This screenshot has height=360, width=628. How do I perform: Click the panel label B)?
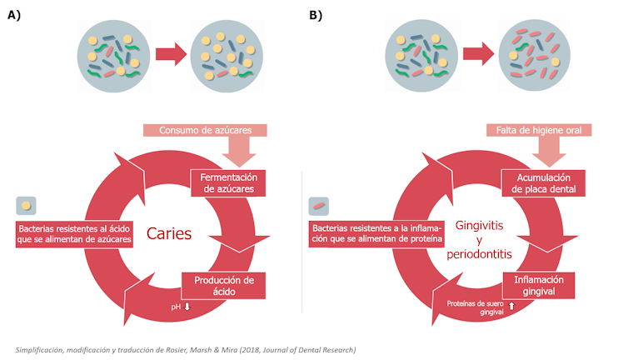[316, 16]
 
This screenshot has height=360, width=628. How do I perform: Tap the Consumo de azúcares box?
[205, 130]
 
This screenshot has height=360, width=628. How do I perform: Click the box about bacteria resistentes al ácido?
[74, 233]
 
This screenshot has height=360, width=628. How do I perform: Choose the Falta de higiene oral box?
[539, 130]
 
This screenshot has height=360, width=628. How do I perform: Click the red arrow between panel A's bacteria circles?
[171, 55]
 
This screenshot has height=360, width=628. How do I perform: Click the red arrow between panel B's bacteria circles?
[478, 55]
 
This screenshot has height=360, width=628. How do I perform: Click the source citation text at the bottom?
[185, 349]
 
